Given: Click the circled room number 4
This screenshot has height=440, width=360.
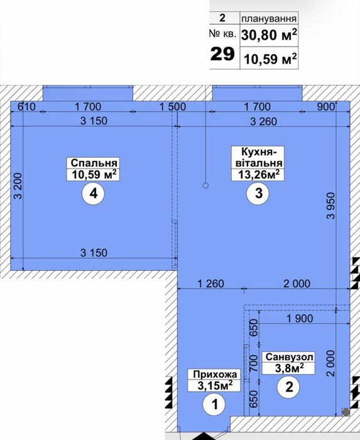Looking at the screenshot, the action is tap(93, 194).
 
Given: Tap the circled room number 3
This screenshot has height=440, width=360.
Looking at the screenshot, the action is tap(258, 194).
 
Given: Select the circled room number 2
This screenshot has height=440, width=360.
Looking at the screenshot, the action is tap(289, 387).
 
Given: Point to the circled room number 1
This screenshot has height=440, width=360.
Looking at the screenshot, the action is tap(214, 404).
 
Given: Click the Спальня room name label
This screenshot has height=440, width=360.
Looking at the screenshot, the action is tap(94, 163).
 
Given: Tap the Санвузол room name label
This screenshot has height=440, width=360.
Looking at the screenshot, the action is tap(289, 357).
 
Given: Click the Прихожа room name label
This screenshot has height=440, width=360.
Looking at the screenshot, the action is tap(215, 374).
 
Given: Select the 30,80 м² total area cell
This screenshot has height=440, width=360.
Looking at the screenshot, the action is tap(269, 35).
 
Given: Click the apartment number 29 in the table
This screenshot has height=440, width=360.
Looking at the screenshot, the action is tap(222, 53).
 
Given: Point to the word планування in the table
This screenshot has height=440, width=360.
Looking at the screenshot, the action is tap(269, 19).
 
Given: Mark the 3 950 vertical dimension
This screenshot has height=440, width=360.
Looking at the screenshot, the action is tap(331, 206).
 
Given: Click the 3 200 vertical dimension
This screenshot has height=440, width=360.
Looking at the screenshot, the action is tap(18, 186).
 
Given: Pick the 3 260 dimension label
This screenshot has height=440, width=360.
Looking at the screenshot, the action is tap(263, 121).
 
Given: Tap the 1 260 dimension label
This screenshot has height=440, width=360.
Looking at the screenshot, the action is tap(211, 283).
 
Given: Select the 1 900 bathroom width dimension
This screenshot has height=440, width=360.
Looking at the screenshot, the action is tap(300, 319).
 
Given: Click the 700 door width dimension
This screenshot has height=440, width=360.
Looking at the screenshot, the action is tap(253, 363).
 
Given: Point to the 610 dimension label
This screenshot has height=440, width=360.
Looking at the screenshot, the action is tap(26, 107).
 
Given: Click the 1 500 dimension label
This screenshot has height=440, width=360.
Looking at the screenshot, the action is tap(173, 107).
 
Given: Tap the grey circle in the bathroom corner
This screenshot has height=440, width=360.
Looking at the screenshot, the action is tap(346, 412).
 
